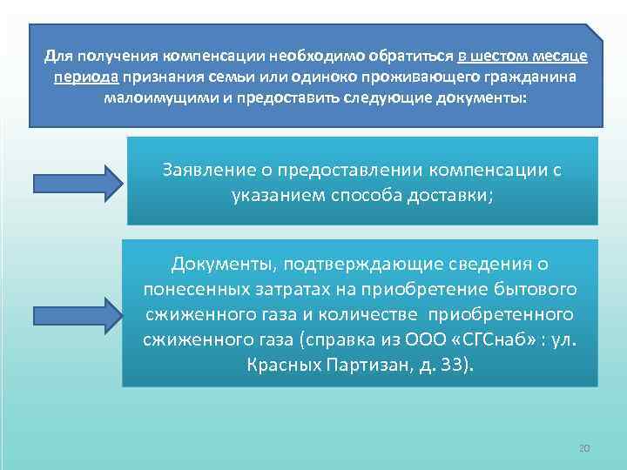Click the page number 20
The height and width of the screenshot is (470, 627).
coord(584,447)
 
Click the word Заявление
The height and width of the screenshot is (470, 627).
coord(206,170)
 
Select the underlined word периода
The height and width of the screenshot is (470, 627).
coord(81,76)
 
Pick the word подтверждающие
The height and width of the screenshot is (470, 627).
coord(363,264)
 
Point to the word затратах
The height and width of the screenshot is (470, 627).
coord(320,288)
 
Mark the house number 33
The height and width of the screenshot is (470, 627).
coord(457,364)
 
